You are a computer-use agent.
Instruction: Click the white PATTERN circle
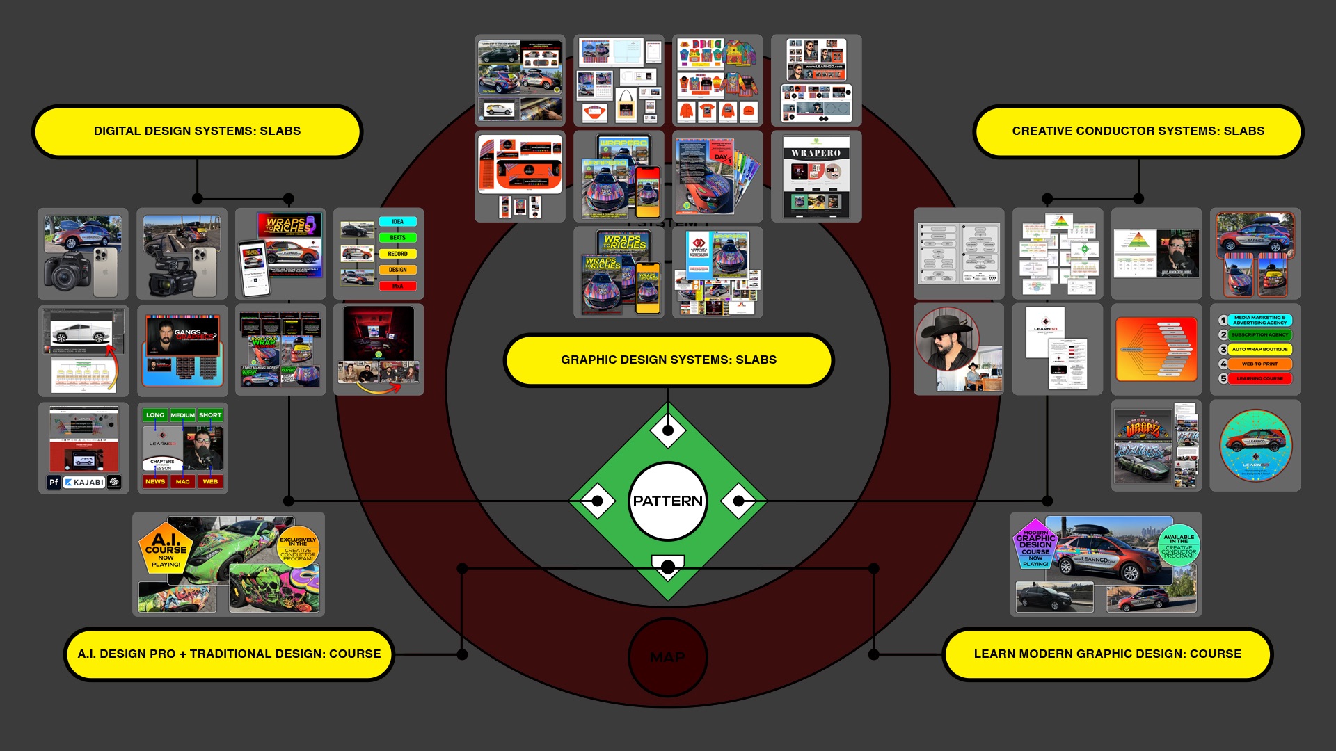pyautogui.click(x=667, y=501)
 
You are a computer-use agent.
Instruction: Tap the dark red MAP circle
pyautogui.click(x=667, y=657)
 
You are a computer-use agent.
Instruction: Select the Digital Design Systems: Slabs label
pyautogui.click(x=197, y=131)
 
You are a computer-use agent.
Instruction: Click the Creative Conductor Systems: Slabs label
pyautogui.click(x=1138, y=131)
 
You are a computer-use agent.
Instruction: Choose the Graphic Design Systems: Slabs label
pyautogui.click(x=668, y=360)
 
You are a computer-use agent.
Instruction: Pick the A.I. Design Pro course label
pyautogui.click(x=229, y=654)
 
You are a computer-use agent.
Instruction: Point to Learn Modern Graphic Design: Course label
pyautogui.click(x=1107, y=654)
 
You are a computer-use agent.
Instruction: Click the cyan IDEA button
pyautogui.click(x=397, y=222)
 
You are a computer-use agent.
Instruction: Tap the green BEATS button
pyautogui.click(x=397, y=238)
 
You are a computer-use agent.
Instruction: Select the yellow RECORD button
pyautogui.click(x=397, y=254)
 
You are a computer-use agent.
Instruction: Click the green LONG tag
pyautogui.click(x=155, y=415)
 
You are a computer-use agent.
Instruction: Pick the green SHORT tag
pyautogui.click(x=210, y=415)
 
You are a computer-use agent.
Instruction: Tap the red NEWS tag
pyautogui.click(x=155, y=481)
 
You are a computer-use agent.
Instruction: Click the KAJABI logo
pyautogui.click(x=84, y=482)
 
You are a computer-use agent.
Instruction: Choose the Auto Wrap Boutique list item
pyautogui.click(x=1259, y=349)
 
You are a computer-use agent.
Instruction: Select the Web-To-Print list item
pyautogui.click(x=1259, y=364)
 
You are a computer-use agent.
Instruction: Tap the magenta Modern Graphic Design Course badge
pyautogui.click(x=1035, y=545)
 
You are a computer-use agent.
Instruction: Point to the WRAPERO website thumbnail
pyautogui.click(x=816, y=177)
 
